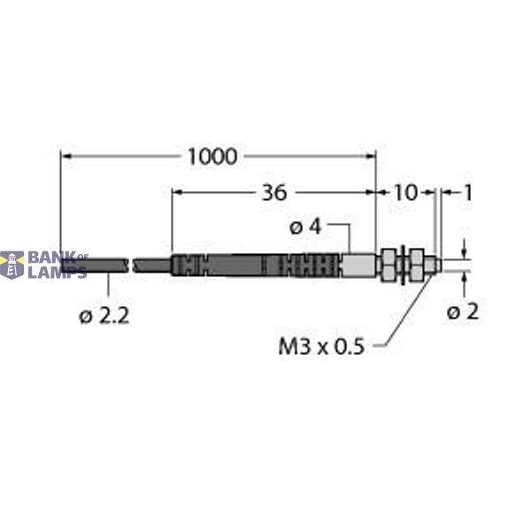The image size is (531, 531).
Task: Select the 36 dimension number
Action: [273, 192]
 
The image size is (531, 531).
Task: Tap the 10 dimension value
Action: [404, 192]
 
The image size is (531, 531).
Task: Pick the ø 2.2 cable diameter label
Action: [104, 315]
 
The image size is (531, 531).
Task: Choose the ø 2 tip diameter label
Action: [463, 312]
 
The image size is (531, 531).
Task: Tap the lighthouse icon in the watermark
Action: [12, 264]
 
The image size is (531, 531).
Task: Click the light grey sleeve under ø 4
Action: [358, 265]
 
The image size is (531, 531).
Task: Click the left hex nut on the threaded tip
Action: [389, 264]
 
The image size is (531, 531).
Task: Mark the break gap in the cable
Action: [132, 265]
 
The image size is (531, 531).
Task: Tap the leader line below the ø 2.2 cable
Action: [108, 287]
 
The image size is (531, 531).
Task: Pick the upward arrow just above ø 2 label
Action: [466, 277]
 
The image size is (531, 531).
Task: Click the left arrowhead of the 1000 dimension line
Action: [65, 157]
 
